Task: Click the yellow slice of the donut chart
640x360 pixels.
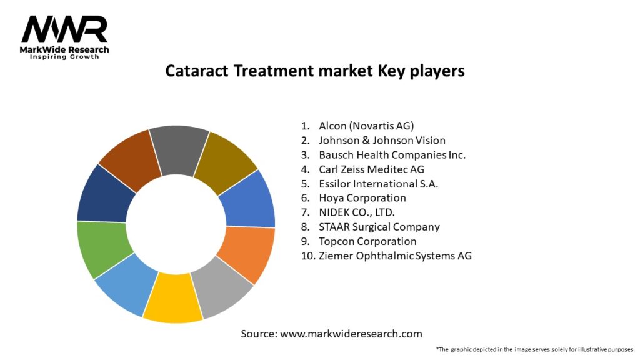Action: (x=173, y=298)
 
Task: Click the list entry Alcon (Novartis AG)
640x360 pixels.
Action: (x=366, y=126)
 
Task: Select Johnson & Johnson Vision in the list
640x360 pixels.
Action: (x=382, y=141)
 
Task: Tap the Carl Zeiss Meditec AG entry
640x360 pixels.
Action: (x=371, y=169)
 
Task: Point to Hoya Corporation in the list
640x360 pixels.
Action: (x=362, y=198)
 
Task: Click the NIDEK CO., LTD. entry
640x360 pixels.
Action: (x=357, y=212)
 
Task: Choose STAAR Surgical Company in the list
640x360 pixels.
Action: (x=379, y=227)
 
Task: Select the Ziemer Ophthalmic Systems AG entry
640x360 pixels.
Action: (x=395, y=256)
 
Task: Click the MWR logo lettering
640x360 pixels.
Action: (x=64, y=29)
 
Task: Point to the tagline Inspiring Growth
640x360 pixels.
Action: (x=64, y=57)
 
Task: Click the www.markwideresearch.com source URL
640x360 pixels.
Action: (x=351, y=334)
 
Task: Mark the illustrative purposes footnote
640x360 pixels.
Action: (x=535, y=350)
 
